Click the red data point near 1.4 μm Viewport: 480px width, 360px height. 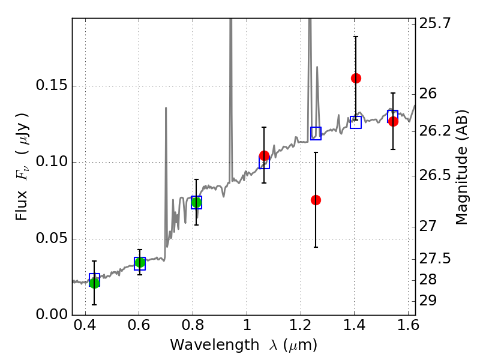356,78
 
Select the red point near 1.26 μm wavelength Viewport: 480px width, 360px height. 316,200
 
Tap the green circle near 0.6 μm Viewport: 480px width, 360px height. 140,262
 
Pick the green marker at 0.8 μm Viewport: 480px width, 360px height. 196,202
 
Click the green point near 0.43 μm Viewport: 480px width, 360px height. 94,283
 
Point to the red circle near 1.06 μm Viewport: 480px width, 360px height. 264,156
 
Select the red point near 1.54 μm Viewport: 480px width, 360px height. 393,121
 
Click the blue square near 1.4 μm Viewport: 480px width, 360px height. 356,122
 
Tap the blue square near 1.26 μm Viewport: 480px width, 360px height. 316,133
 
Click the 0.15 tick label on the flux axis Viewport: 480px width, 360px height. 50,86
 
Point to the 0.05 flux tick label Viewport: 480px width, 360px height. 50,239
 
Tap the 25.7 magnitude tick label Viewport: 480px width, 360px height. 435,24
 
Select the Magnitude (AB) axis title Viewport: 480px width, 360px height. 461,167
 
